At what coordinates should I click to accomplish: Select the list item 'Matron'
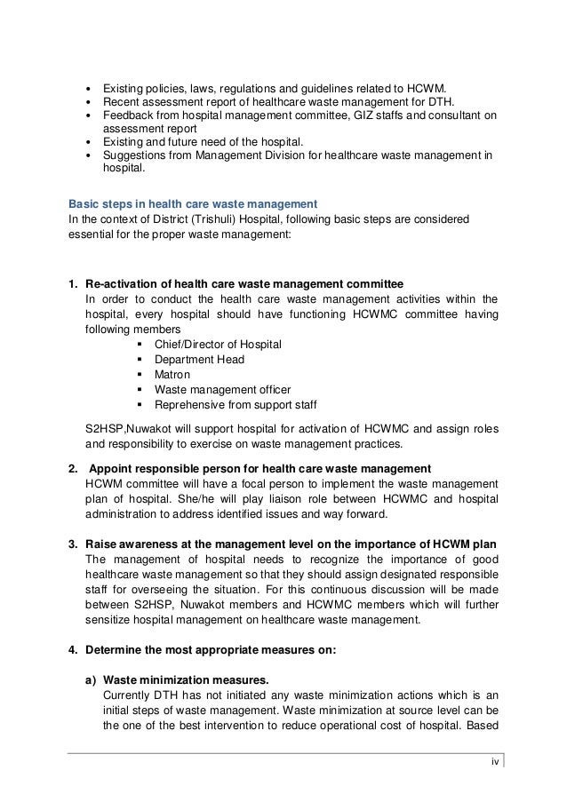[173, 375]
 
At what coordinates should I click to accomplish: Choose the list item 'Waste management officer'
[222, 389]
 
